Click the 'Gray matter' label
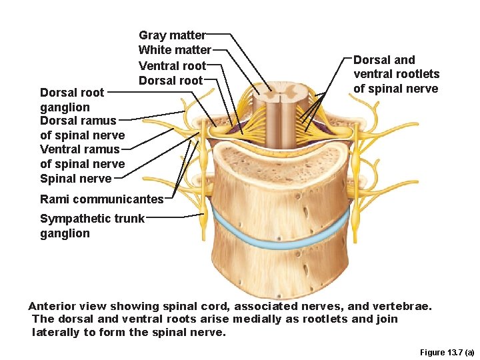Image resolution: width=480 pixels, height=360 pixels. (172, 35)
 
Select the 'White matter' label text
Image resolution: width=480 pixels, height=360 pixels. (174, 50)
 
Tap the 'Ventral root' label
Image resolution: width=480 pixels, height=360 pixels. (172, 65)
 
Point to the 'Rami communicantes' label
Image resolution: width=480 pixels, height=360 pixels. (101, 199)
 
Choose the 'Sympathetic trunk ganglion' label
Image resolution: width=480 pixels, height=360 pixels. (92, 226)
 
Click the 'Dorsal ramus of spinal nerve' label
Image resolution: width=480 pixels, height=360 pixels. (82, 128)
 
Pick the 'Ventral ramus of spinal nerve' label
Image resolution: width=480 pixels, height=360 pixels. (82, 156)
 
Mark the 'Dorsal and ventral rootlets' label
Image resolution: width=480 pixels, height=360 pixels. (396, 74)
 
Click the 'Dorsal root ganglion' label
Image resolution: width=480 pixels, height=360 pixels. (72, 100)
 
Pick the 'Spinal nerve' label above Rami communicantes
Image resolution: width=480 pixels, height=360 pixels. (75, 179)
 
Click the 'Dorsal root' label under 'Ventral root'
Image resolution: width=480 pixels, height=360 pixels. (170, 80)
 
